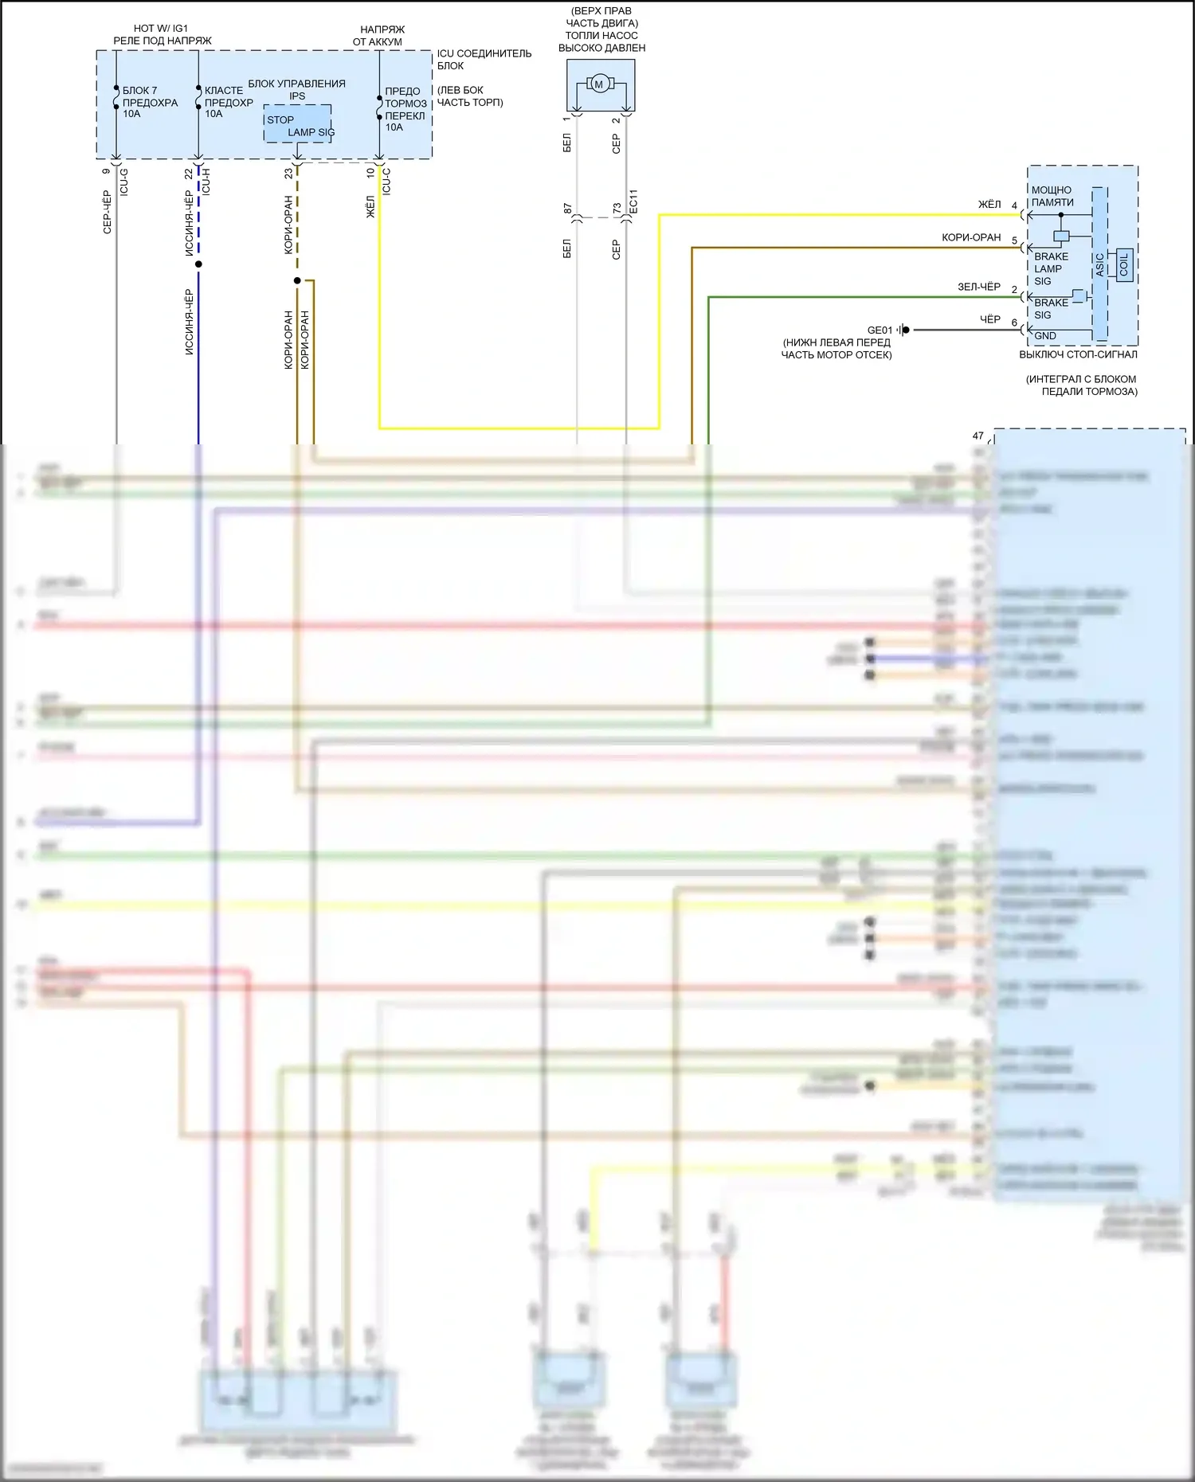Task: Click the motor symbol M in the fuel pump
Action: coord(599,84)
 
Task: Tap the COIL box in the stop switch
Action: coord(1124,263)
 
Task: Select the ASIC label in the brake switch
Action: coord(1099,264)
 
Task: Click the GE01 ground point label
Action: coord(880,330)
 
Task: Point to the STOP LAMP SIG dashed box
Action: coord(298,125)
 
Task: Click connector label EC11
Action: coord(633,201)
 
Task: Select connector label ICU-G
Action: coord(123,182)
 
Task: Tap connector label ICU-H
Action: coord(206,182)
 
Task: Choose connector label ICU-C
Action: coord(386,182)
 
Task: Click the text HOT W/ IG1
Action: coord(161,28)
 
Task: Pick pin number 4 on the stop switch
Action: coord(1014,205)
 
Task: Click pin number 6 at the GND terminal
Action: coord(1014,323)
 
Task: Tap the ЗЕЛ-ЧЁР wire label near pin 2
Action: coord(978,287)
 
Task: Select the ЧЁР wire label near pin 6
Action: coord(989,319)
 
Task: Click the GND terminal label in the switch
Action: coord(1044,336)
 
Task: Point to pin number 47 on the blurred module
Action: coord(978,436)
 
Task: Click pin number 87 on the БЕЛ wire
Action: coord(567,208)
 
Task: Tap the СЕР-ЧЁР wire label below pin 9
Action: coord(107,212)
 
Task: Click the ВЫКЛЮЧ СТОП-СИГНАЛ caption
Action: coord(1078,354)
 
